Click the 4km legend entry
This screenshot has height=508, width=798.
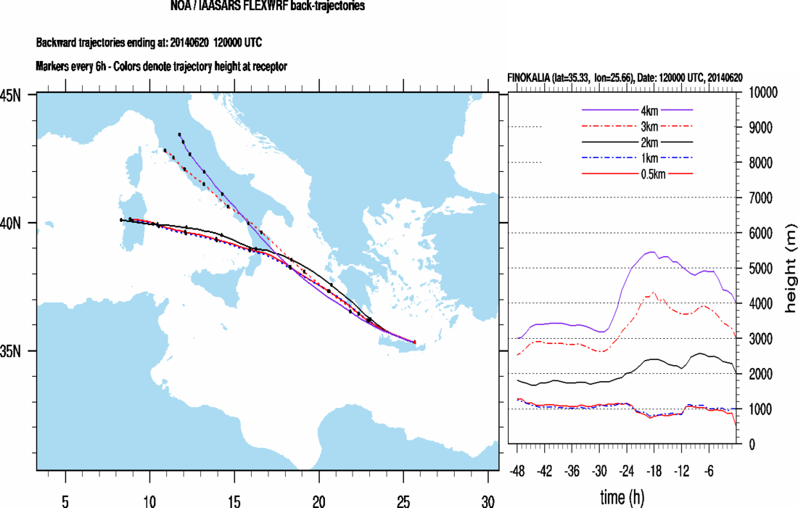click(638, 110)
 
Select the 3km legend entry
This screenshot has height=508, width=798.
click(638, 126)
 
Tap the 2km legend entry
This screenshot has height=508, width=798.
click(638, 142)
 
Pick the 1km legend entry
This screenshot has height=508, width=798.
click(638, 157)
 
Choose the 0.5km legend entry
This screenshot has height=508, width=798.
click(638, 173)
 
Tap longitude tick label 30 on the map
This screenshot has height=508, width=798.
click(488, 500)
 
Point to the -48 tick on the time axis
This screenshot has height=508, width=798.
click(517, 470)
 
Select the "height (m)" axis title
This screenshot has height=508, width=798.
click(789, 269)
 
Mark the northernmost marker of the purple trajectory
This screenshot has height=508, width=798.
click(179, 134)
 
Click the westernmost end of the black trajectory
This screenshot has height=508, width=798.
click(121, 219)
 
